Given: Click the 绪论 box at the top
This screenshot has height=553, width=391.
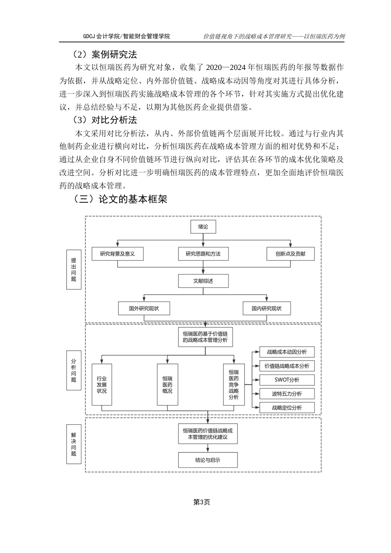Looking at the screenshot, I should click(203, 227).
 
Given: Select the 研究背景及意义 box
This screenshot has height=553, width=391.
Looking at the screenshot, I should click(117, 254).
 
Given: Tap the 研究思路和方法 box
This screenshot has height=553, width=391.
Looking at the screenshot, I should click(203, 254).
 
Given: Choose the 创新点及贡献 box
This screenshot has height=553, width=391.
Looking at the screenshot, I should click(291, 254).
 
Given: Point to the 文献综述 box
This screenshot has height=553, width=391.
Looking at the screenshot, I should click(203, 281).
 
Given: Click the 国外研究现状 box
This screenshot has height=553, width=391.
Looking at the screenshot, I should click(144, 308).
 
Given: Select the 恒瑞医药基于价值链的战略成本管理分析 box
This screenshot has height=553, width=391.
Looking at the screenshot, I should click(205, 337).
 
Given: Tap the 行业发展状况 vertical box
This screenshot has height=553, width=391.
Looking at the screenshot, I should click(102, 385).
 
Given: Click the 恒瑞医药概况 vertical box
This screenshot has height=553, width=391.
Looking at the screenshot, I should click(168, 385).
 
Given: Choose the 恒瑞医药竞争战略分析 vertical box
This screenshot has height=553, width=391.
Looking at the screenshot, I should click(233, 385).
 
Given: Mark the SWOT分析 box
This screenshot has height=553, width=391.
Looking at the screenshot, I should click(287, 380).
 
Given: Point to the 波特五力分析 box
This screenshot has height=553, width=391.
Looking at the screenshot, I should click(287, 394).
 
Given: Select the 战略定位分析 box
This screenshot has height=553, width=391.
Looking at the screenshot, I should click(287, 408).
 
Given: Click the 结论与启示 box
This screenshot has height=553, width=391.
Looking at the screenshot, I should click(207, 460).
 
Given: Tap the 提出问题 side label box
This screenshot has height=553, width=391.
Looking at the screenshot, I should click(74, 270).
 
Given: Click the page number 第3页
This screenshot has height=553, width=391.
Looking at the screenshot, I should click(202, 502).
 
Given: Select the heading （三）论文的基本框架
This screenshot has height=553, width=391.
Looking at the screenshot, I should click(120, 200).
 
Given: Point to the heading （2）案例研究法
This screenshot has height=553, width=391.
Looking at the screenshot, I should click(105, 54).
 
